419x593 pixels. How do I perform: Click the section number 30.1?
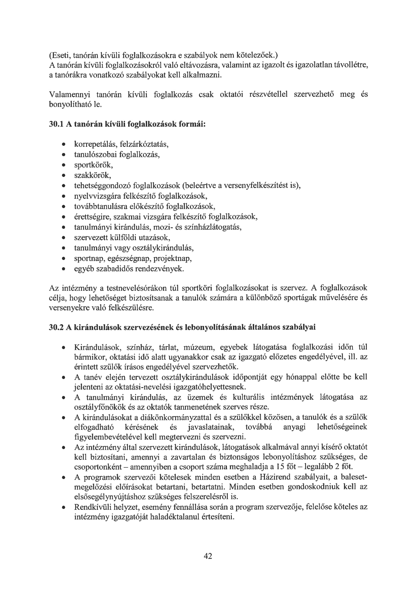tap(56, 124)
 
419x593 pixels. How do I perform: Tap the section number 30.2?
tap(56, 327)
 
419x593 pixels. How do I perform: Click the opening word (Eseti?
tap(60, 55)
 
